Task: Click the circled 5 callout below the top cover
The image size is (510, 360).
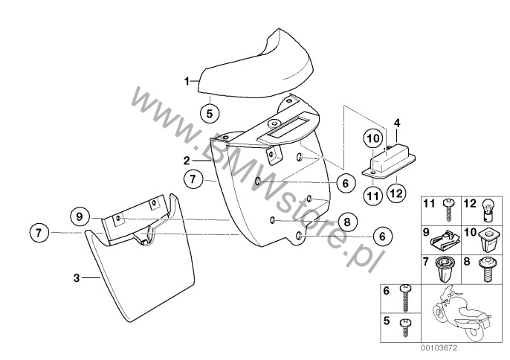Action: [x=210, y=114]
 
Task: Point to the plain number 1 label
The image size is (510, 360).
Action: [x=187, y=81]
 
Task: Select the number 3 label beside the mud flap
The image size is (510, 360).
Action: [x=77, y=278]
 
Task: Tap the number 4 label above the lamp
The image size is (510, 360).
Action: [x=397, y=123]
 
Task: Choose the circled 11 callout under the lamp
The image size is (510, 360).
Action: [x=372, y=196]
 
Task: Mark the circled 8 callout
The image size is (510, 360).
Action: [x=347, y=222]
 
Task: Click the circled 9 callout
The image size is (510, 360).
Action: [x=80, y=216]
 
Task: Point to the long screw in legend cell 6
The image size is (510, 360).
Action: [x=405, y=298]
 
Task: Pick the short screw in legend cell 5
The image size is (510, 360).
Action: [x=404, y=327]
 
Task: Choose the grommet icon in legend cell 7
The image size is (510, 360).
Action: [x=442, y=269]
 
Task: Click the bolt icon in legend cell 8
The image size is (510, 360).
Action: [x=486, y=269]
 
